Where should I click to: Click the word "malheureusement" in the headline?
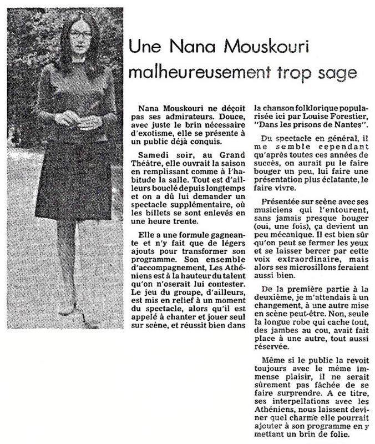[x=187, y=73]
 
